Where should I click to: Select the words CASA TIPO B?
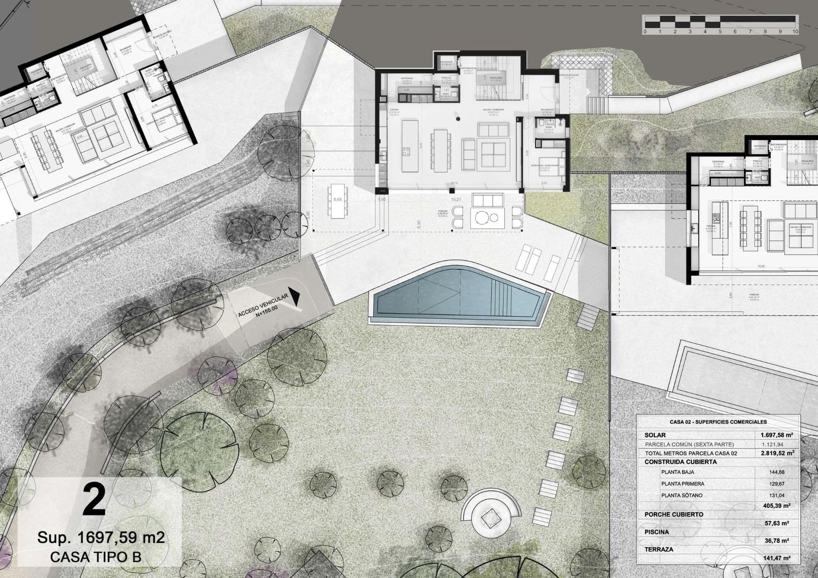(x=96, y=557)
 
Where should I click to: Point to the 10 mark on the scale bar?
(x=795, y=32)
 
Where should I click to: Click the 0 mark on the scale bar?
(x=645, y=32)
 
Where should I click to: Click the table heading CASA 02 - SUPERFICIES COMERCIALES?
(x=718, y=422)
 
